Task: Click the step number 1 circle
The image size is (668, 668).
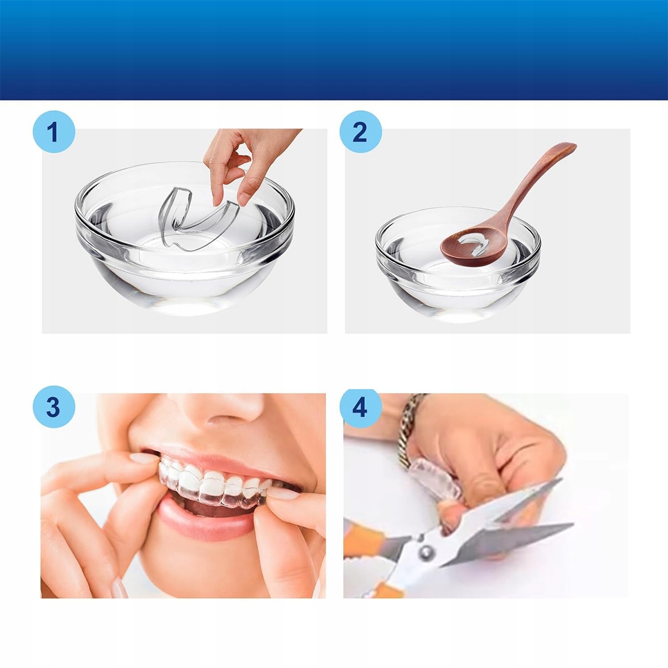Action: pyautogui.click(x=54, y=132)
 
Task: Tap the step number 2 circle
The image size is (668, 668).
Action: pyautogui.click(x=361, y=132)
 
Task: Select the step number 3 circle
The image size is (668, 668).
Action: pyautogui.click(x=54, y=406)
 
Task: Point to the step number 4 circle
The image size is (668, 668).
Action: pyautogui.click(x=361, y=406)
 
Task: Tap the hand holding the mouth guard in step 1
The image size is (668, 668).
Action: pyautogui.click(x=249, y=163)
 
